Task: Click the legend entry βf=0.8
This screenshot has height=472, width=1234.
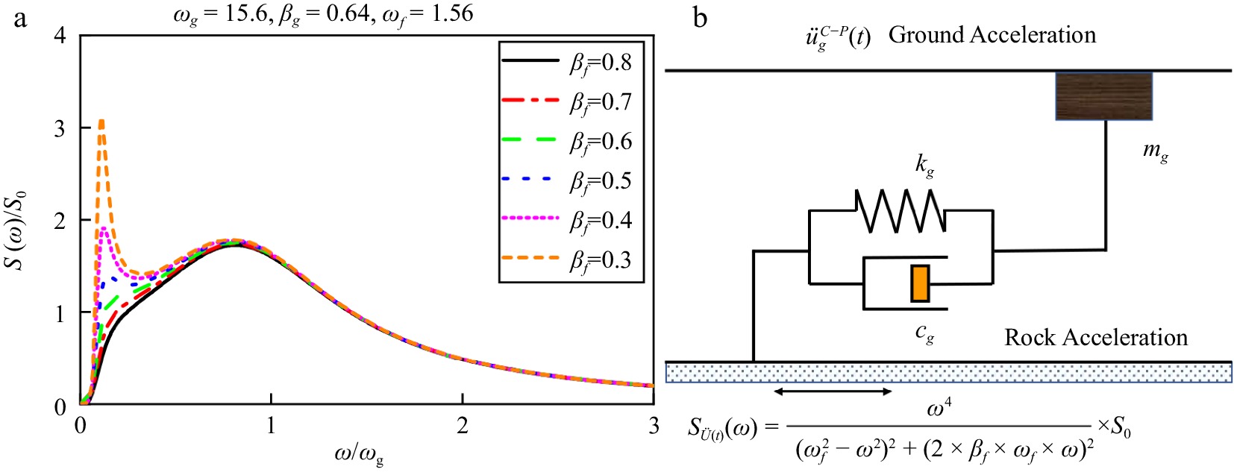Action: click(571, 62)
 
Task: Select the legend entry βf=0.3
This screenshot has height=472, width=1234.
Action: click(571, 259)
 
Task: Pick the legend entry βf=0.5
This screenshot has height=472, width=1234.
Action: click(571, 180)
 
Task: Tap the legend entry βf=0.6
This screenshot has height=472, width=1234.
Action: click(571, 141)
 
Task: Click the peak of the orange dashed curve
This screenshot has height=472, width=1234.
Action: click(101, 120)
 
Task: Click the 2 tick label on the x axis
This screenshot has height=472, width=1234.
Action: click(463, 426)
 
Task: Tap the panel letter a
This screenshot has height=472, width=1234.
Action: click(20, 18)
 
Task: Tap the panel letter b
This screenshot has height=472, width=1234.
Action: click(700, 18)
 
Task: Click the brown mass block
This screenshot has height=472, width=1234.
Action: click(1103, 95)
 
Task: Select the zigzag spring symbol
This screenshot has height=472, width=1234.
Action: click(901, 210)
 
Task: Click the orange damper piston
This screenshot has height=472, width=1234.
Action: click(920, 283)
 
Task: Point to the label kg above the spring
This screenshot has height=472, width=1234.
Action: click(925, 165)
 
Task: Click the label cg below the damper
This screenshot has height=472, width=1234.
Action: click(925, 333)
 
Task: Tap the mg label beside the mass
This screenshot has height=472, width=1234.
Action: click(1156, 151)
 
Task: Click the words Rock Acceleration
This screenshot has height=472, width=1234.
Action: click(1095, 338)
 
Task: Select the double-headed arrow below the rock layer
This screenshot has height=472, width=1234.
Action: click(833, 391)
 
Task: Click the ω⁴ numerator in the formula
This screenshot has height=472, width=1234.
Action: click(939, 409)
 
